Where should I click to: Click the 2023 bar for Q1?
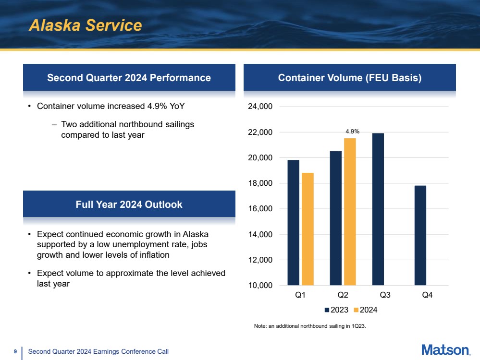point(293,223)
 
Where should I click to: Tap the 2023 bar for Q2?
point(335,218)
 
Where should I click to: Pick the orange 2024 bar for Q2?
point(350,212)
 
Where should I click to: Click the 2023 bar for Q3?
point(378,209)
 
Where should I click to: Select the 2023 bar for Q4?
point(420,235)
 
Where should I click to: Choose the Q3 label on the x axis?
point(384,296)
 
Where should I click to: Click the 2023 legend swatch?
point(327,310)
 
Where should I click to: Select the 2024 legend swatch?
point(356,310)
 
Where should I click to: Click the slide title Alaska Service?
point(85,25)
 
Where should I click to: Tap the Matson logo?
point(445,350)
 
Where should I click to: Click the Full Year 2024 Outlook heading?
point(129,204)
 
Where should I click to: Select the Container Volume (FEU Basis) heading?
point(350,78)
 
